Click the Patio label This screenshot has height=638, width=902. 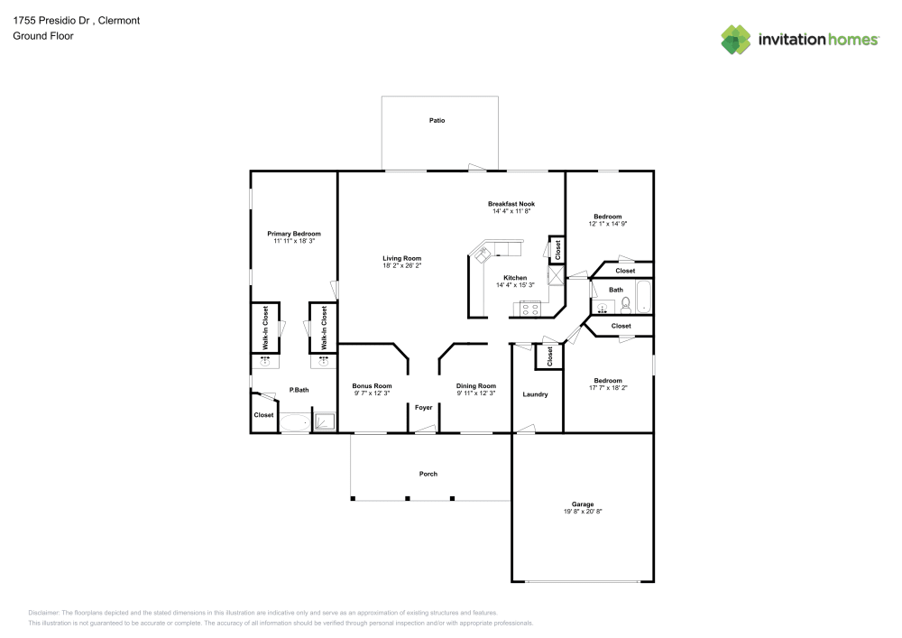click(x=437, y=120)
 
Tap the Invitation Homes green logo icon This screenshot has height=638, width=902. click(x=735, y=39)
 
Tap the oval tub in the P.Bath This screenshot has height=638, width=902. click(x=294, y=422)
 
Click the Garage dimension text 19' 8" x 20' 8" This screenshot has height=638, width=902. click(x=582, y=512)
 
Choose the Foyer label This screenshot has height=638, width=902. click(x=423, y=408)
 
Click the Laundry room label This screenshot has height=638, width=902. click(x=536, y=394)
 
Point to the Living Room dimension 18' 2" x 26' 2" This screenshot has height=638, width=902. click(x=401, y=266)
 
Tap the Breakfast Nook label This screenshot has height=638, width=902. click(x=511, y=204)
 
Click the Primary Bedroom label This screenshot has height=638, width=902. click(x=293, y=234)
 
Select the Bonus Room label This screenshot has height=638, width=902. click(x=372, y=385)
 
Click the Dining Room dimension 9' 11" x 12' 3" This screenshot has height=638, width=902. click(x=476, y=393)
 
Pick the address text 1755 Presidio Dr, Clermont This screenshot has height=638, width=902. click(x=63, y=20)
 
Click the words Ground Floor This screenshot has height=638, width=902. click(x=43, y=36)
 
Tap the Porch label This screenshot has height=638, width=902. click(x=428, y=474)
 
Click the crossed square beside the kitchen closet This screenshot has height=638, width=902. click(x=557, y=277)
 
